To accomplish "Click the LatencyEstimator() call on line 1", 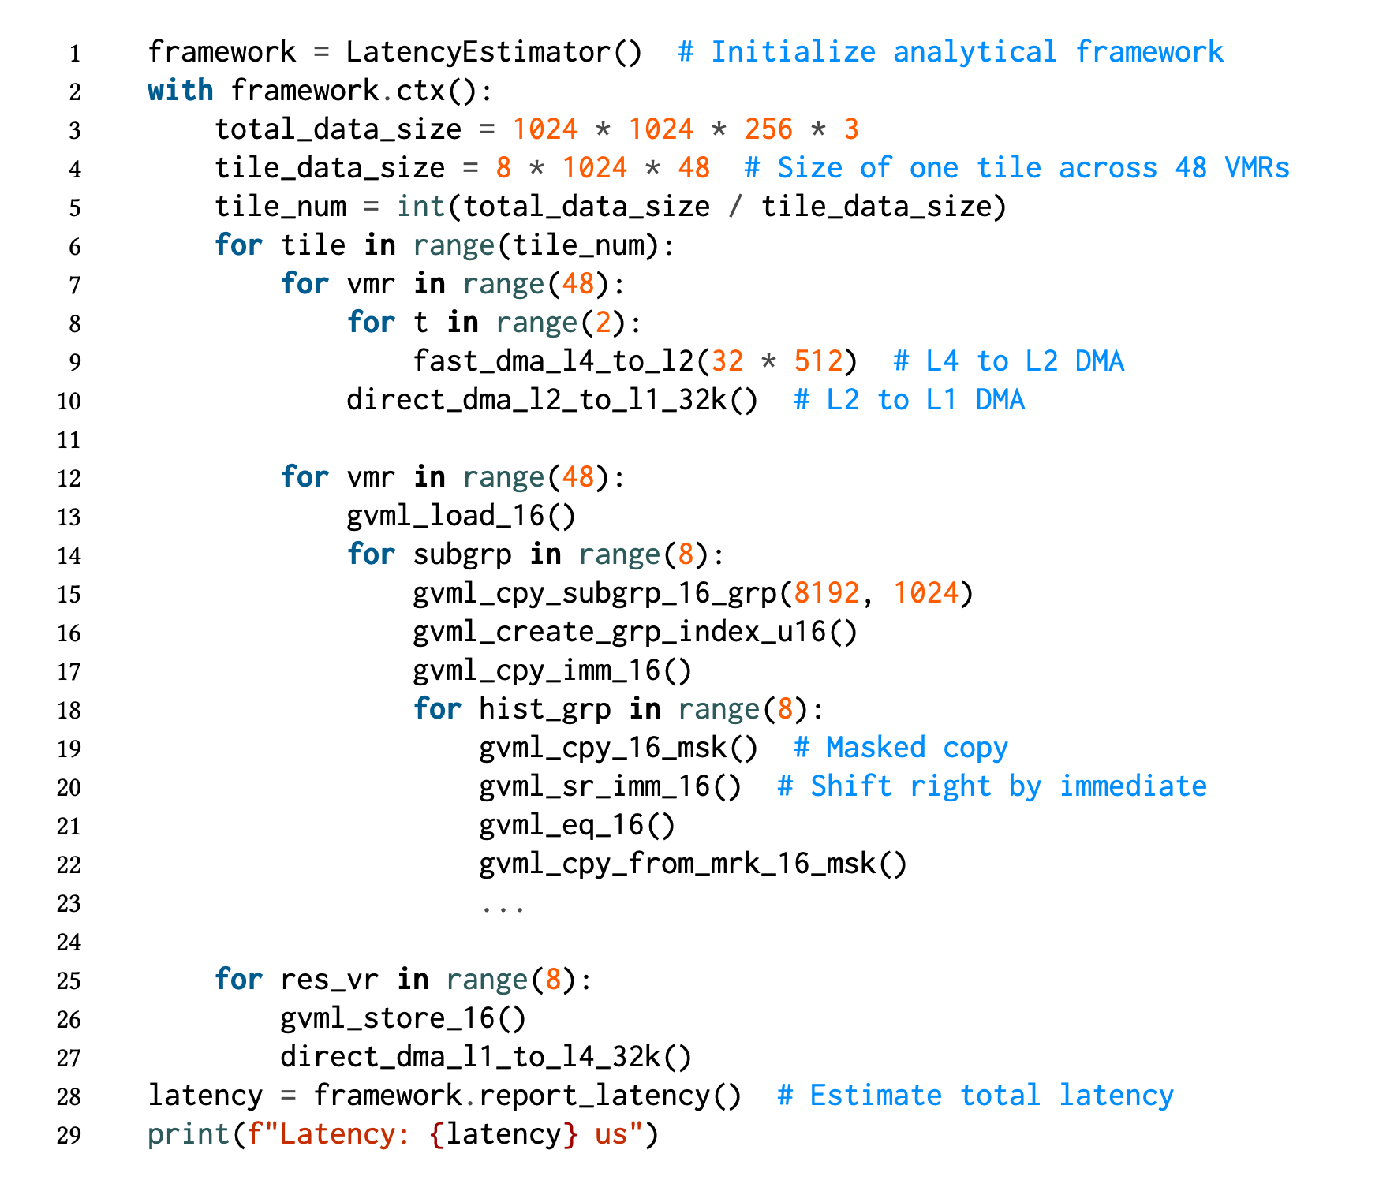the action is tap(494, 52).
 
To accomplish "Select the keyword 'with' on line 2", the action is tap(181, 91).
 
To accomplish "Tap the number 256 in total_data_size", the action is tap(768, 129).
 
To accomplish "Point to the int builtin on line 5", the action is tap(420, 207).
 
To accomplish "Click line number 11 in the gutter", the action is tap(69, 440).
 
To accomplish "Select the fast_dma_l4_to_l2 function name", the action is tap(553, 361).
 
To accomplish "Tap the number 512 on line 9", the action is tap(818, 361).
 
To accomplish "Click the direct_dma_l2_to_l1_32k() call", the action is tap(552, 400).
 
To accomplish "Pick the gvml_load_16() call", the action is tap(462, 516).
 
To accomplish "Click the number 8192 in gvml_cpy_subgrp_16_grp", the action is tap(827, 593).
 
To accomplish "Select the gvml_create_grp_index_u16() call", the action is tap(635, 632).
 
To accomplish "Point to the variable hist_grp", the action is tap(544, 709).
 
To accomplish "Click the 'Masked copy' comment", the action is tap(901, 748).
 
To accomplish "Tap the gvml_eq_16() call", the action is tap(577, 825).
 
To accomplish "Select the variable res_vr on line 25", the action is tap(329, 980).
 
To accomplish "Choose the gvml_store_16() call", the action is tap(403, 1018).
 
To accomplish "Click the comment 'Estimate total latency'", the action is tap(976, 1096).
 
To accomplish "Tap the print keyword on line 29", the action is tap(189, 1134).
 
